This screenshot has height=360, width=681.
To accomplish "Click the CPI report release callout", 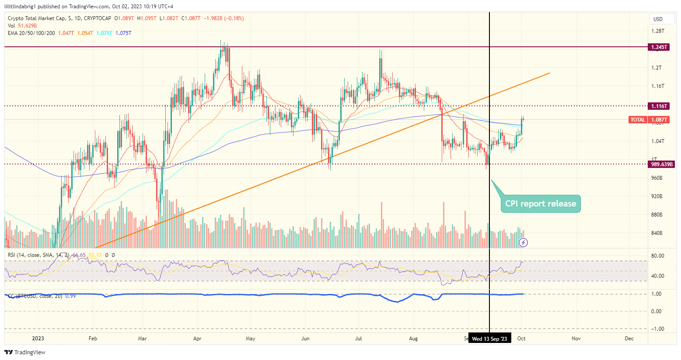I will [x=541, y=204].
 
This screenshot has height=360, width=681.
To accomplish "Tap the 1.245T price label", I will [x=659, y=47].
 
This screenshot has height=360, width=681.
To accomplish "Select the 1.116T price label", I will [x=659, y=106].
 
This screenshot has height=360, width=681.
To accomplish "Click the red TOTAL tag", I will [x=637, y=120].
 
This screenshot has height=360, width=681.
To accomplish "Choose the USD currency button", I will [x=658, y=19].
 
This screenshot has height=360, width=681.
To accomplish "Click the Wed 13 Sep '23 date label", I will [x=489, y=339].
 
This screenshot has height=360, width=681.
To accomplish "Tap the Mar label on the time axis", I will [x=142, y=339].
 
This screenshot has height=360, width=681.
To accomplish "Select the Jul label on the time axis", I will [x=359, y=339].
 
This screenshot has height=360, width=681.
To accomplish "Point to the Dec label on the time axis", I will [x=629, y=339].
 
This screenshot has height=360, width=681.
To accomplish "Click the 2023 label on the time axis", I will [x=38, y=339].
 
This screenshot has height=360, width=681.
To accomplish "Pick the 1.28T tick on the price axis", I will [x=657, y=31].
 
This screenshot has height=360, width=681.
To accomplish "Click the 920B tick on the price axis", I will [x=657, y=196].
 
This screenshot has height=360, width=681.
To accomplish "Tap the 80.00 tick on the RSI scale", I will [x=657, y=256].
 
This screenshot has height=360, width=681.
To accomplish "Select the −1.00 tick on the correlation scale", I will [x=657, y=329].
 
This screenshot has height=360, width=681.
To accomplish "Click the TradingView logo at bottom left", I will [x=25, y=353].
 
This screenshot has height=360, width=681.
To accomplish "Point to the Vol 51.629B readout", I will [x=22, y=26].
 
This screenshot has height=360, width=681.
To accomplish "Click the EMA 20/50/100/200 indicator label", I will [x=31, y=33].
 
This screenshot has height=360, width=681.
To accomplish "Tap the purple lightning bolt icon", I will [x=523, y=242].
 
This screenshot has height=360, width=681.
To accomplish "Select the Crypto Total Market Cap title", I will [x=37, y=18].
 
